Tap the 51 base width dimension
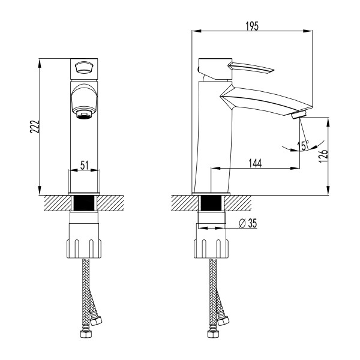pyautogui.click(x=85, y=164)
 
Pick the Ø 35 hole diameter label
pyautogui.click(x=248, y=223)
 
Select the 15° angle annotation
pyautogui.click(x=303, y=146)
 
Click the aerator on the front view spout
pyautogui.click(x=85, y=112)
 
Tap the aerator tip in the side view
pyautogui.click(x=298, y=116)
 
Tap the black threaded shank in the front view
pyautogui.click(x=85, y=202)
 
